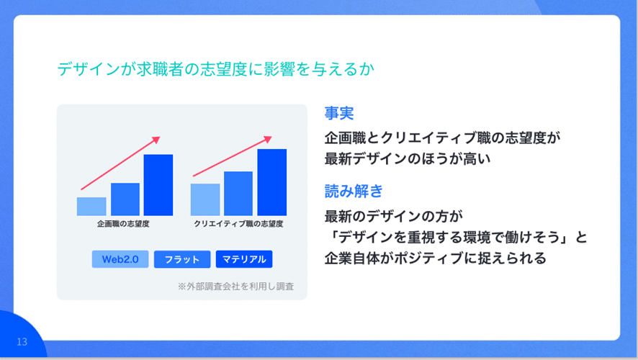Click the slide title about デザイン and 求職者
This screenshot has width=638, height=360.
(215, 68)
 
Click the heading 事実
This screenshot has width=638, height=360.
(339, 113)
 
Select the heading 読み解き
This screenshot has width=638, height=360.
(354, 191)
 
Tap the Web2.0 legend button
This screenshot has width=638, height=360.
(120, 259)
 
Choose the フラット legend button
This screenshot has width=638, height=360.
(182, 259)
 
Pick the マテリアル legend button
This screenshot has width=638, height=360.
(244, 259)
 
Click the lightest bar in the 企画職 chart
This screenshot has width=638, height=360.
(91, 206)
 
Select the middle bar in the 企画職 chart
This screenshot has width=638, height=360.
(125, 199)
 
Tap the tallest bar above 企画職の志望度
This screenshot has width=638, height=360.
(158, 184)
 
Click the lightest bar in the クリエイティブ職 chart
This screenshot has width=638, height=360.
(205, 199)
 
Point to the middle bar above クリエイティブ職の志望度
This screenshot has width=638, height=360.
(238, 193)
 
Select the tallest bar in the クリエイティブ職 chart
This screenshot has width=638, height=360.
(271, 182)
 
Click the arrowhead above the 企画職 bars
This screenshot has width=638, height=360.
(156, 140)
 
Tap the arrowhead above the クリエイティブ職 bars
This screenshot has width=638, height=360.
(268, 139)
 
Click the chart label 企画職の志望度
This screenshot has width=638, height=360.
(123, 224)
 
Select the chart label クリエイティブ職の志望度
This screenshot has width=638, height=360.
(238, 224)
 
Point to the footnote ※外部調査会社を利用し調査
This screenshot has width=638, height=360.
(235, 287)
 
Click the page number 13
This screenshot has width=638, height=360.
(22, 342)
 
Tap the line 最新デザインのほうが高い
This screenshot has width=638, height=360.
(408, 158)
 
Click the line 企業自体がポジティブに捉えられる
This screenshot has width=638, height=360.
(436, 258)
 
